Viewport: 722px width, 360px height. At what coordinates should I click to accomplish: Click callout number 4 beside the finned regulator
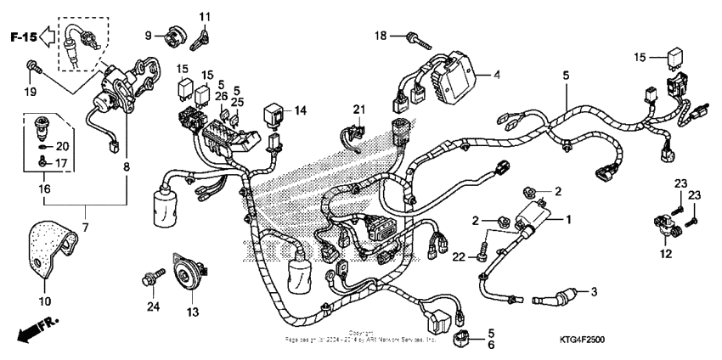(497, 75)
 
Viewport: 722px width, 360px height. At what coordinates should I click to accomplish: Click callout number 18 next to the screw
(381, 35)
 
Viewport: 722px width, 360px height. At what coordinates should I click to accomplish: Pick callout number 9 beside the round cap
(149, 35)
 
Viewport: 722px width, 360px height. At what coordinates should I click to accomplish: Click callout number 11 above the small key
(205, 17)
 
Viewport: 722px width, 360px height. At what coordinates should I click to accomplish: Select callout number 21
(358, 109)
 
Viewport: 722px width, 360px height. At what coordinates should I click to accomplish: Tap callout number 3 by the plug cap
(594, 292)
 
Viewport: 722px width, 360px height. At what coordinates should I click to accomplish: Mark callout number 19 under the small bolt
(31, 92)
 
